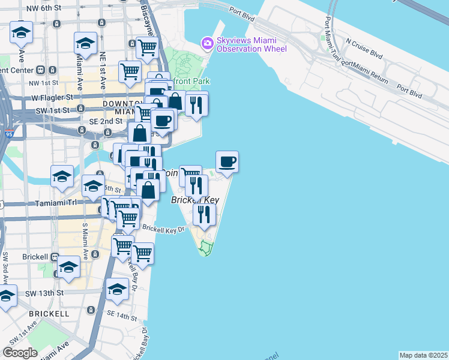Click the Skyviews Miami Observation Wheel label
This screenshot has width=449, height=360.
click(x=252, y=43)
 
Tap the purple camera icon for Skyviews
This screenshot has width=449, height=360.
click(x=208, y=43)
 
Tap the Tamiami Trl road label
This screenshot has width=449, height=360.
click(x=64, y=203)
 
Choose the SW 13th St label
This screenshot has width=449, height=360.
click(x=45, y=293)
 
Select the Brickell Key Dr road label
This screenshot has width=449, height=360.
click(x=161, y=229)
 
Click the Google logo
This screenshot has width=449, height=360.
click(x=20, y=353)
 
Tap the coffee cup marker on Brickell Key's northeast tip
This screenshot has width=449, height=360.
click(x=227, y=161)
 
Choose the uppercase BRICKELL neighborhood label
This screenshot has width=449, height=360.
click(x=49, y=314)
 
